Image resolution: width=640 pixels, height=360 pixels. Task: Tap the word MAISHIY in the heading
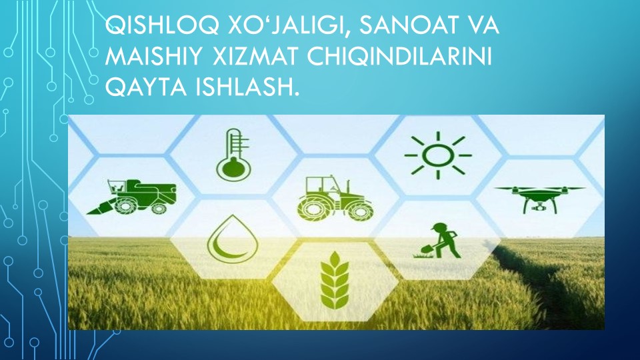point(153,57)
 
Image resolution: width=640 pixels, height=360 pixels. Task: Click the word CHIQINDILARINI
point(399,57)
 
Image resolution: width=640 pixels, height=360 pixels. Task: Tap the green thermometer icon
point(233,155)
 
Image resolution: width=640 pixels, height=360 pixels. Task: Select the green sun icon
point(438,155)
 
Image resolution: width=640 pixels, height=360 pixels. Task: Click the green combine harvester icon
point(132,197)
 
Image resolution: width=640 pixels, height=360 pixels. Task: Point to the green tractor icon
point(335,199)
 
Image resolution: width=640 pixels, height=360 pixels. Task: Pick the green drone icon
point(539,199)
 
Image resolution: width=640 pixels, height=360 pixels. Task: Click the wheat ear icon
point(335,281)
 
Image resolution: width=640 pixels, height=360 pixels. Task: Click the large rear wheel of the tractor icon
point(313,207)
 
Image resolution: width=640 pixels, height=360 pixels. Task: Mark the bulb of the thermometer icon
point(233,168)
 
